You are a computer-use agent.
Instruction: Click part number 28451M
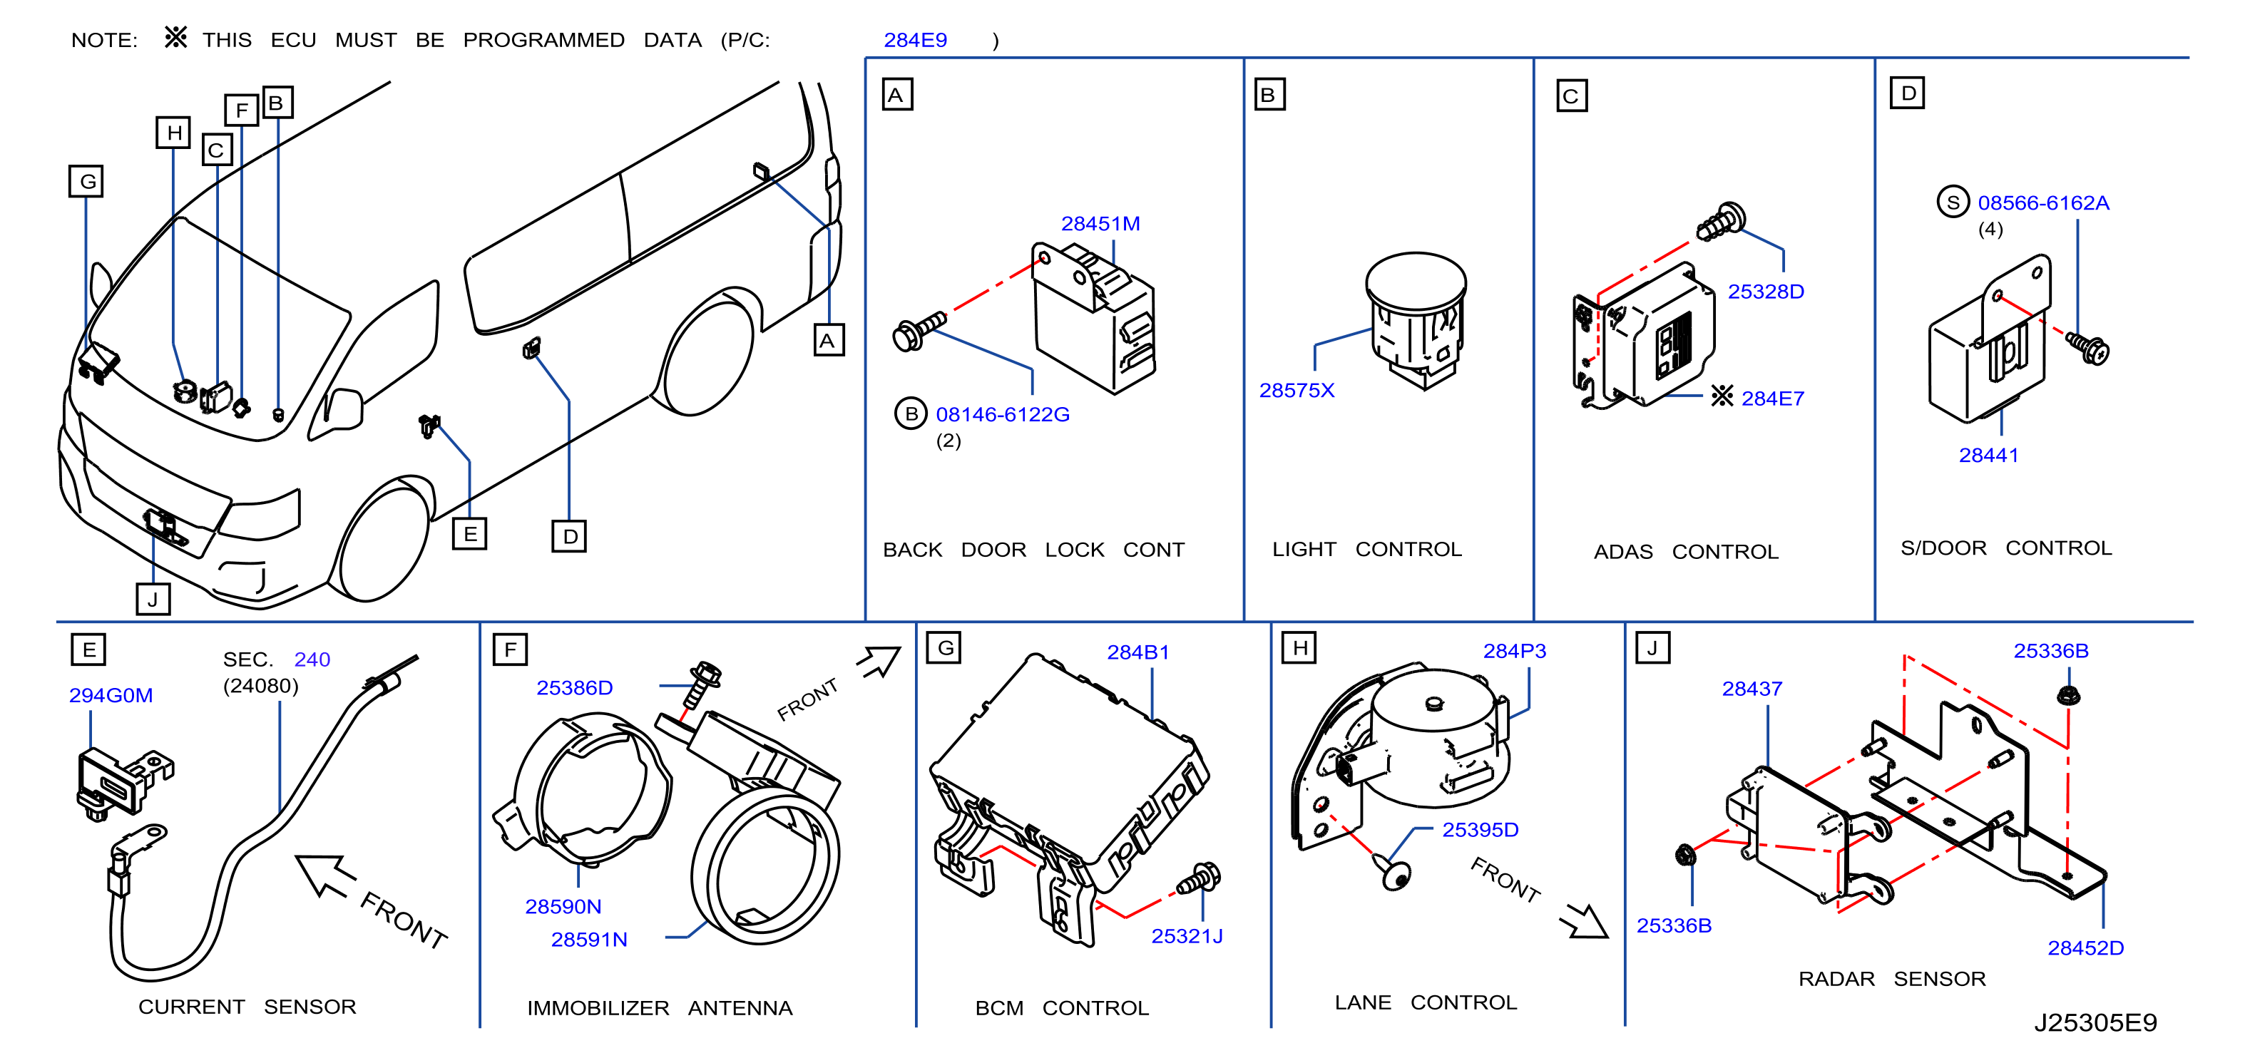tap(1100, 223)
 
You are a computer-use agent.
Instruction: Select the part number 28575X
tap(1297, 390)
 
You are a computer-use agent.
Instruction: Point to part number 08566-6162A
tap(2043, 202)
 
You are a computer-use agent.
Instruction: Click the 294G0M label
tap(111, 695)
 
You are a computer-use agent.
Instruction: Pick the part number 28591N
tap(588, 939)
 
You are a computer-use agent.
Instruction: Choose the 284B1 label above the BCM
tap(1138, 652)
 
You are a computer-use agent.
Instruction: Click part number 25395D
tap(1480, 829)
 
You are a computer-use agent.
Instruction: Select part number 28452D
tap(2086, 948)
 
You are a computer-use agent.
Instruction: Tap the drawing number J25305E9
tap(2095, 1022)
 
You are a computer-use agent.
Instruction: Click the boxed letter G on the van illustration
tap(86, 182)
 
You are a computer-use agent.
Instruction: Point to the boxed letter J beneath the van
tap(153, 599)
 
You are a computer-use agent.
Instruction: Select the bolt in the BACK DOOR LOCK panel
tap(919, 330)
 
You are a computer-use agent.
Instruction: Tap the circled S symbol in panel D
tap(1953, 202)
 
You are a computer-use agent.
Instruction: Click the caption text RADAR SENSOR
tap(1892, 979)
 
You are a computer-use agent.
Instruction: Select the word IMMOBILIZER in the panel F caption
tap(598, 1008)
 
